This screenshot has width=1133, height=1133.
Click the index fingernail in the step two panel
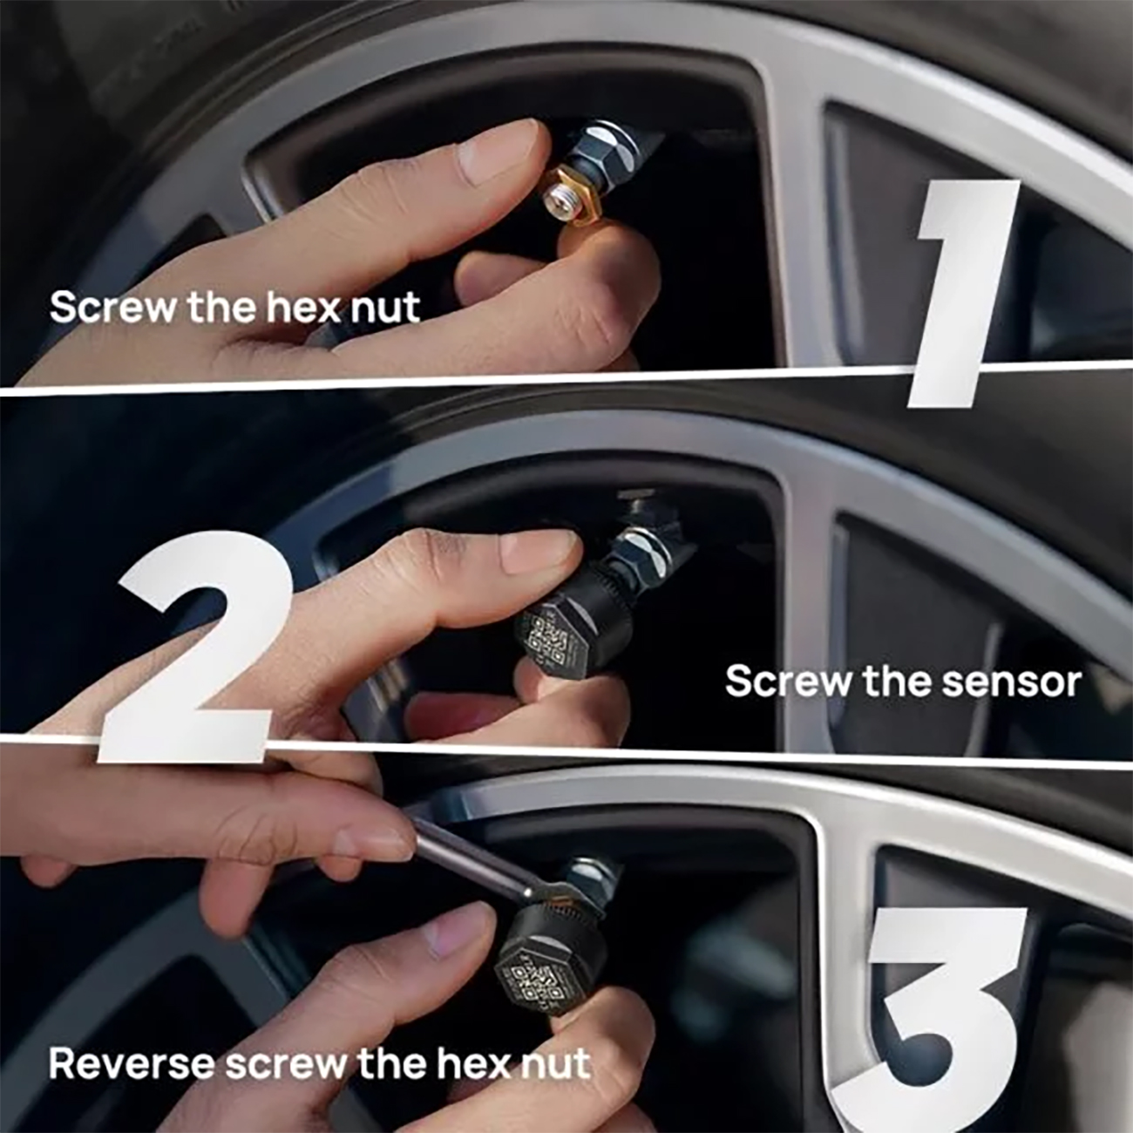538,551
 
